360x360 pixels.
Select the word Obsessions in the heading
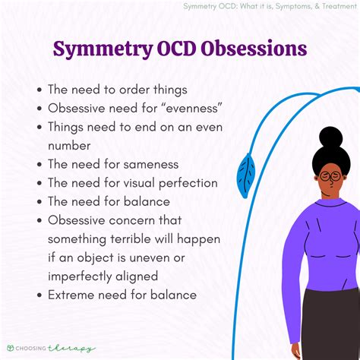click(x=259, y=49)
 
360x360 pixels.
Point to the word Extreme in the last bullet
click(x=73, y=294)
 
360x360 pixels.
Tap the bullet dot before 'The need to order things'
click(x=39, y=89)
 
